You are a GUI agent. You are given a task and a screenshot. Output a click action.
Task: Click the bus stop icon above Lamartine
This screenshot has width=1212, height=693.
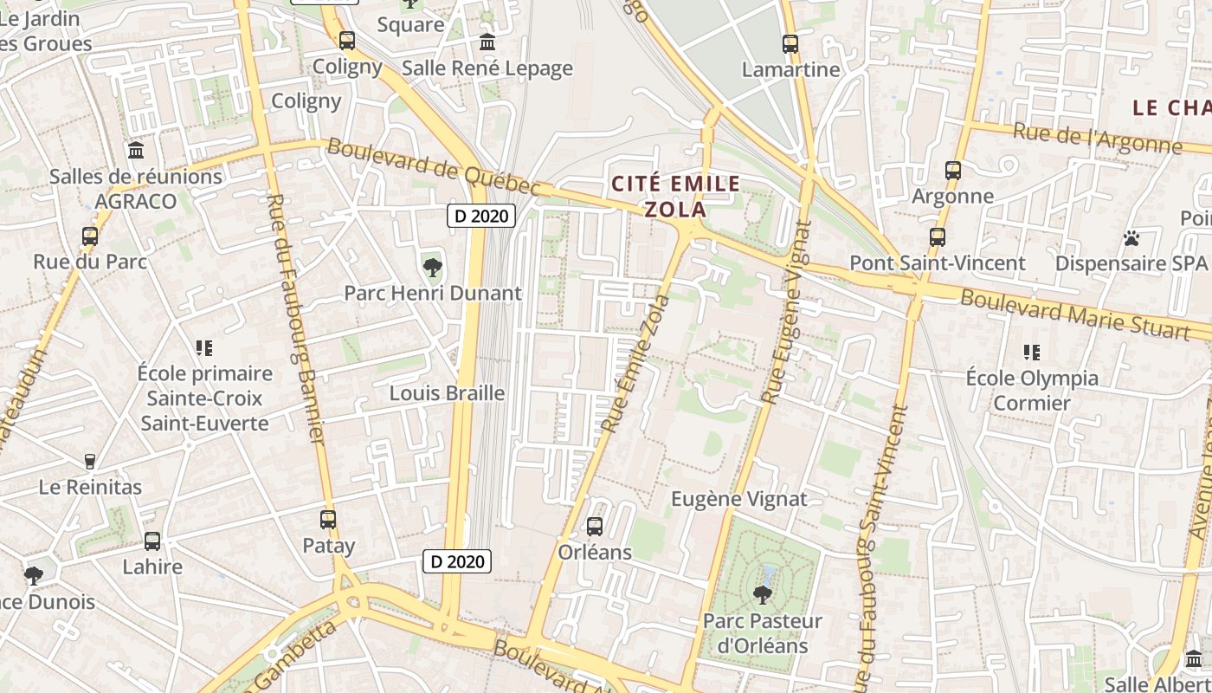[x=790, y=43]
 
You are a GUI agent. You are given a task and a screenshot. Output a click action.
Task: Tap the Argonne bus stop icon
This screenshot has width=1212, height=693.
[x=952, y=171]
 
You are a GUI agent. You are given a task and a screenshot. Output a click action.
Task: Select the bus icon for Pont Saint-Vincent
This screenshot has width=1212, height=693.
[x=937, y=237]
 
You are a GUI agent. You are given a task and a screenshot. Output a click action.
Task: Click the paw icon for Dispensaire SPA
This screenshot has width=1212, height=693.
[x=1131, y=237]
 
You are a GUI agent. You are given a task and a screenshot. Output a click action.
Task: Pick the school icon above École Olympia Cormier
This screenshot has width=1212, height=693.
[x=1031, y=353]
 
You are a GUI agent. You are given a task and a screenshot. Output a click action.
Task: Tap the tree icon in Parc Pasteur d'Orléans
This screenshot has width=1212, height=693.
[x=762, y=594]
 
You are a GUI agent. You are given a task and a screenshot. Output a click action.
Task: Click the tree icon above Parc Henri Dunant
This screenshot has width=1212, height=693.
[x=432, y=268]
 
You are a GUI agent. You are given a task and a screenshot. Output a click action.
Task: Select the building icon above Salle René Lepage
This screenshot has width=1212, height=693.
[x=487, y=42]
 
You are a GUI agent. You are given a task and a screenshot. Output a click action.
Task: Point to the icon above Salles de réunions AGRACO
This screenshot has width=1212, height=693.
[x=135, y=151]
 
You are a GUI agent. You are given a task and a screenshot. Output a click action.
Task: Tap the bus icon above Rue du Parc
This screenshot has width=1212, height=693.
[x=89, y=236]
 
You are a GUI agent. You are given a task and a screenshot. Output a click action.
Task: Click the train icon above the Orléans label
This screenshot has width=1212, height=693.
[x=594, y=526]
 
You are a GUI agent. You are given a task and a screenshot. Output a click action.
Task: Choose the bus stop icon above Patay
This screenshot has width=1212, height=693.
[x=328, y=520]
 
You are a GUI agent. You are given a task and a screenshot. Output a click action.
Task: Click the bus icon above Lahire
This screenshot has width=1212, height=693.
[x=152, y=541]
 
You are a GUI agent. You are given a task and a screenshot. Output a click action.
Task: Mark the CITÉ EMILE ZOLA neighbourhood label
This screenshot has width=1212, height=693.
[x=675, y=197]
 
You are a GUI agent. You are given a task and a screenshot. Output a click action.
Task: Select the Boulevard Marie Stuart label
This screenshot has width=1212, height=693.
[x=1074, y=314]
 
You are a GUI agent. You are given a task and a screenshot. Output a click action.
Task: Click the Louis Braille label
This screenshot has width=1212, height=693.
[x=447, y=393]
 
